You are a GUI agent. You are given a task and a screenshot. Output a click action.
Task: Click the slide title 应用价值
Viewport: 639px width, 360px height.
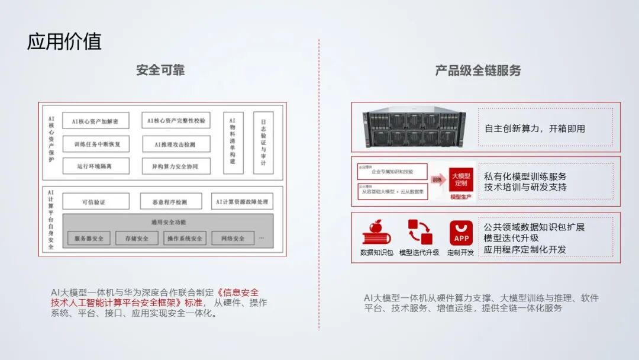point(64,42)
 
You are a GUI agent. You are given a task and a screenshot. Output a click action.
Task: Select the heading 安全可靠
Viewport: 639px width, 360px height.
point(160,70)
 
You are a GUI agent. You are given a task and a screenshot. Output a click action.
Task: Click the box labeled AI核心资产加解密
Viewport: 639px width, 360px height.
point(95,121)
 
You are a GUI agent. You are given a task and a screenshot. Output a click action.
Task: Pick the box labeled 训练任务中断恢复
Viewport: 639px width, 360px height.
point(95,144)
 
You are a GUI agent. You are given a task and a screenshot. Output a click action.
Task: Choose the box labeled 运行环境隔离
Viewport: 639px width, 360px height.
point(95,166)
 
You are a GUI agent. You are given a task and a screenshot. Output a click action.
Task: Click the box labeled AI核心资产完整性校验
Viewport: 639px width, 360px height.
point(176,121)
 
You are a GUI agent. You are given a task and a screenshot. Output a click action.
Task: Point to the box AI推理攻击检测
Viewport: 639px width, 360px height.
point(176,144)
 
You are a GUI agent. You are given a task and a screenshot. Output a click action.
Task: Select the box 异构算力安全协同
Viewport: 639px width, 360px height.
point(176,166)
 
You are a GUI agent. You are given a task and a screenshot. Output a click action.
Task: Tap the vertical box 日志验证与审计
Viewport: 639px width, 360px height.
point(263,143)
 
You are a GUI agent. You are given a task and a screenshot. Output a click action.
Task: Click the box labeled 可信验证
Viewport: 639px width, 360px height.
point(95,202)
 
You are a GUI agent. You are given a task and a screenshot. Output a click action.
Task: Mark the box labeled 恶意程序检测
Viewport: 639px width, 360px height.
point(171,202)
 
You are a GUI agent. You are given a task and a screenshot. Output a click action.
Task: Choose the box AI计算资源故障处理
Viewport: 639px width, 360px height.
point(243,202)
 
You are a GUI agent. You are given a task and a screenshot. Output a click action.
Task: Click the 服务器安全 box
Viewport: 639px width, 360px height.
point(89,239)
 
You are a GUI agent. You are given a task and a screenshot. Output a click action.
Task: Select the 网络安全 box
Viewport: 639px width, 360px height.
point(233,239)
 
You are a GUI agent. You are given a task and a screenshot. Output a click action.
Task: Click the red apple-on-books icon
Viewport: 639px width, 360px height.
point(376,233)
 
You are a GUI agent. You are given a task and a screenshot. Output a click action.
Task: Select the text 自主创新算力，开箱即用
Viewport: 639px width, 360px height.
point(534,128)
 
